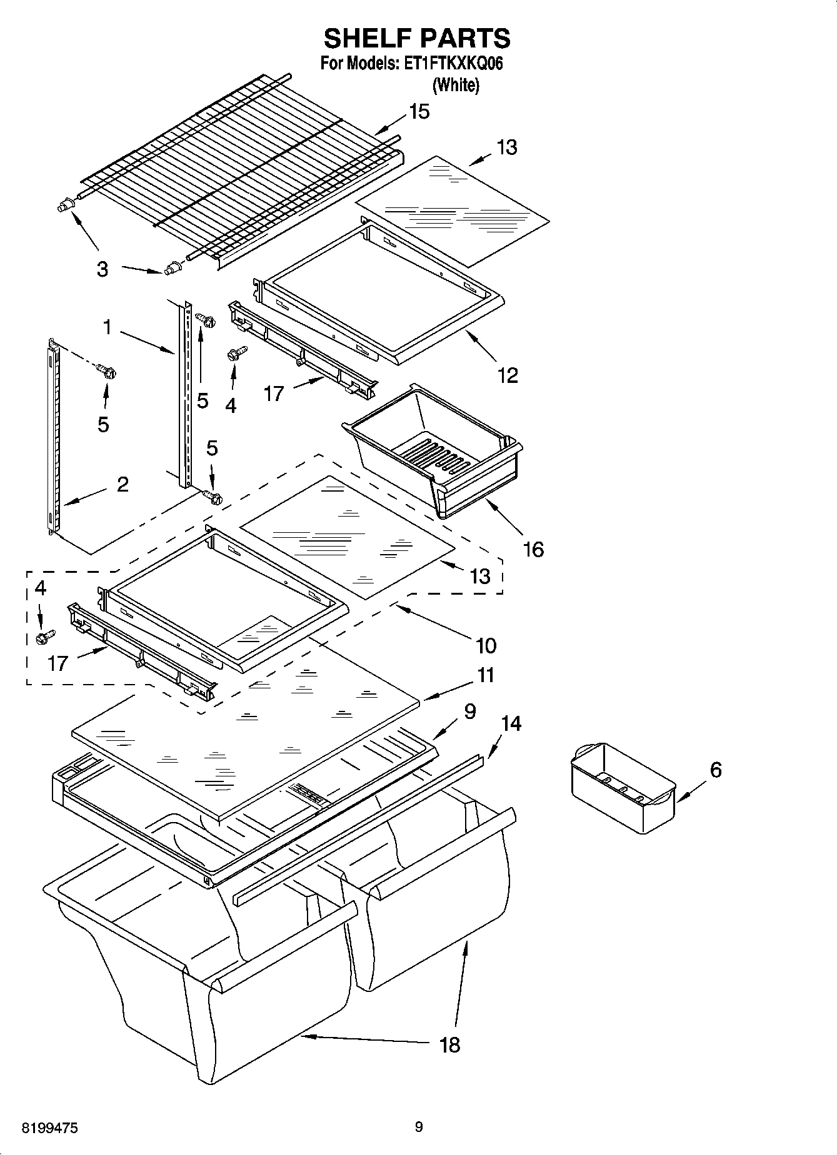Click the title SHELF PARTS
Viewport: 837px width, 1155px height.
coord(417,39)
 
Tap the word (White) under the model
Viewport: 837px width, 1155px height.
coord(456,85)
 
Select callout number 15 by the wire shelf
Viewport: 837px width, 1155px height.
coord(419,112)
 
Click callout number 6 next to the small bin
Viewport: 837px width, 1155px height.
coord(715,770)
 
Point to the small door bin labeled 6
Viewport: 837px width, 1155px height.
coord(623,788)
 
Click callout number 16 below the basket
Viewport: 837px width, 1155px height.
coord(533,550)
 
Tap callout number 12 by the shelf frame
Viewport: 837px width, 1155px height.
coord(508,375)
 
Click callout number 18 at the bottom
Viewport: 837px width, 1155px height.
coord(449,1044)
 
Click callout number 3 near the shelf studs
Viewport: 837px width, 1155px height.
coord(102,270)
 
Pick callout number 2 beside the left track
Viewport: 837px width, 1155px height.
coord(123,484)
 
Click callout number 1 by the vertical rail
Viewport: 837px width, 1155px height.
coord(107,327)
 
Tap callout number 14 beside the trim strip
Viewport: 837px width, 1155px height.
coord(511,724)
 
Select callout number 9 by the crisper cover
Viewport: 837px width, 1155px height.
coord(470,711)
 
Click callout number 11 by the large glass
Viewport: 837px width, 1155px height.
coord(486,675)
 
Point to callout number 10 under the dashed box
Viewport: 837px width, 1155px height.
coord(486,645)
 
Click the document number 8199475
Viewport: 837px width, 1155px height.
coord(50,1128)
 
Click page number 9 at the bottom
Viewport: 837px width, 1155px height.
coord(418,1127)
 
